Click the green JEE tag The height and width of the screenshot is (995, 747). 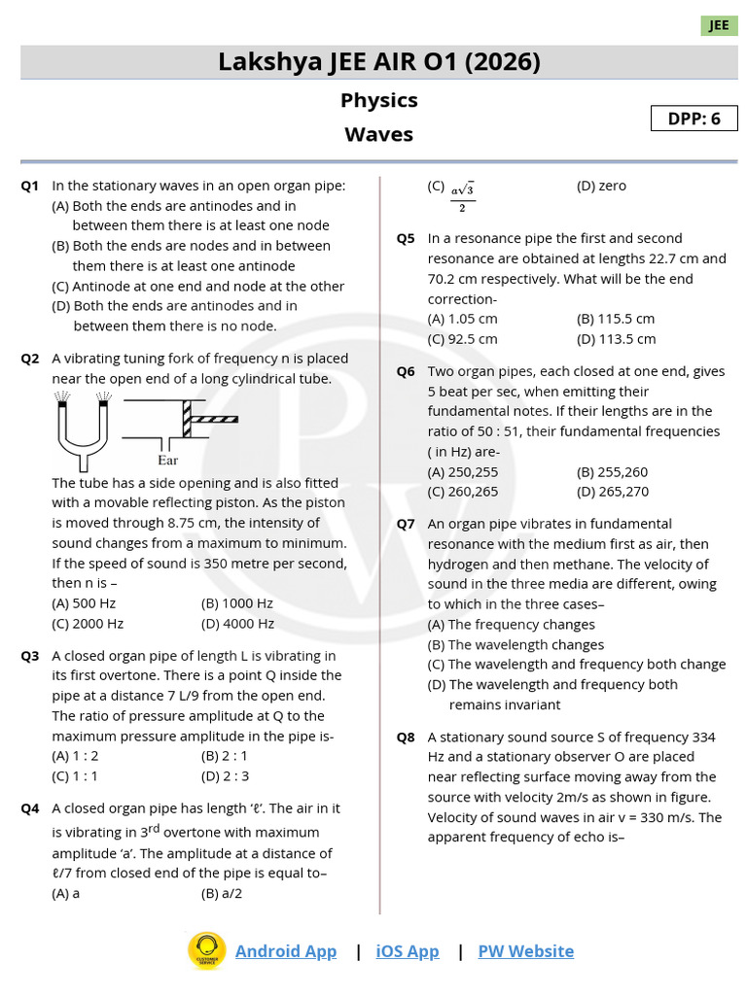click(x=719, y=25)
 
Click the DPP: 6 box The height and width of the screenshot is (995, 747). click(x=694, y=119)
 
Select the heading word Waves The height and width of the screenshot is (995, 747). click(x=378, y=134)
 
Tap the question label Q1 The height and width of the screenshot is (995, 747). click(x=30, y=186)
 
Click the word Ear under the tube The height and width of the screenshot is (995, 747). click(x=168, y=461)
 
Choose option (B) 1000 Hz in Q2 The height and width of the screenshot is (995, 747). click(x=237, y=603)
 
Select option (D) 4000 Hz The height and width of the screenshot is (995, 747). click(x=237, y=624)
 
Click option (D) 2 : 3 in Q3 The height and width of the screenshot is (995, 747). click(x=225, y=775)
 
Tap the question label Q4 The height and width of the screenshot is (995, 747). click(x=30, y=808)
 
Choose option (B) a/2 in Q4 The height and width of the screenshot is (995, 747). click(x=222, y=893)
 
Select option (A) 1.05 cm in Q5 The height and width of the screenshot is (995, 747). click(x=462, y=319)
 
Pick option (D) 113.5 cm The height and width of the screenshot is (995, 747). click(x=616, y=339)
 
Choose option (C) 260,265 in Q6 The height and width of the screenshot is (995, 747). click(x=463, y=492)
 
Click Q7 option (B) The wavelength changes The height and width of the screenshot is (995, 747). click(x=516, y=644)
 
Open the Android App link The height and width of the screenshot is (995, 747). click(x=286, y=951)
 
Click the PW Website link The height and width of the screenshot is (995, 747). click(x=525, y=951)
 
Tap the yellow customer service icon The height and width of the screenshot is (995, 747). click(x=206, y=951)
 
